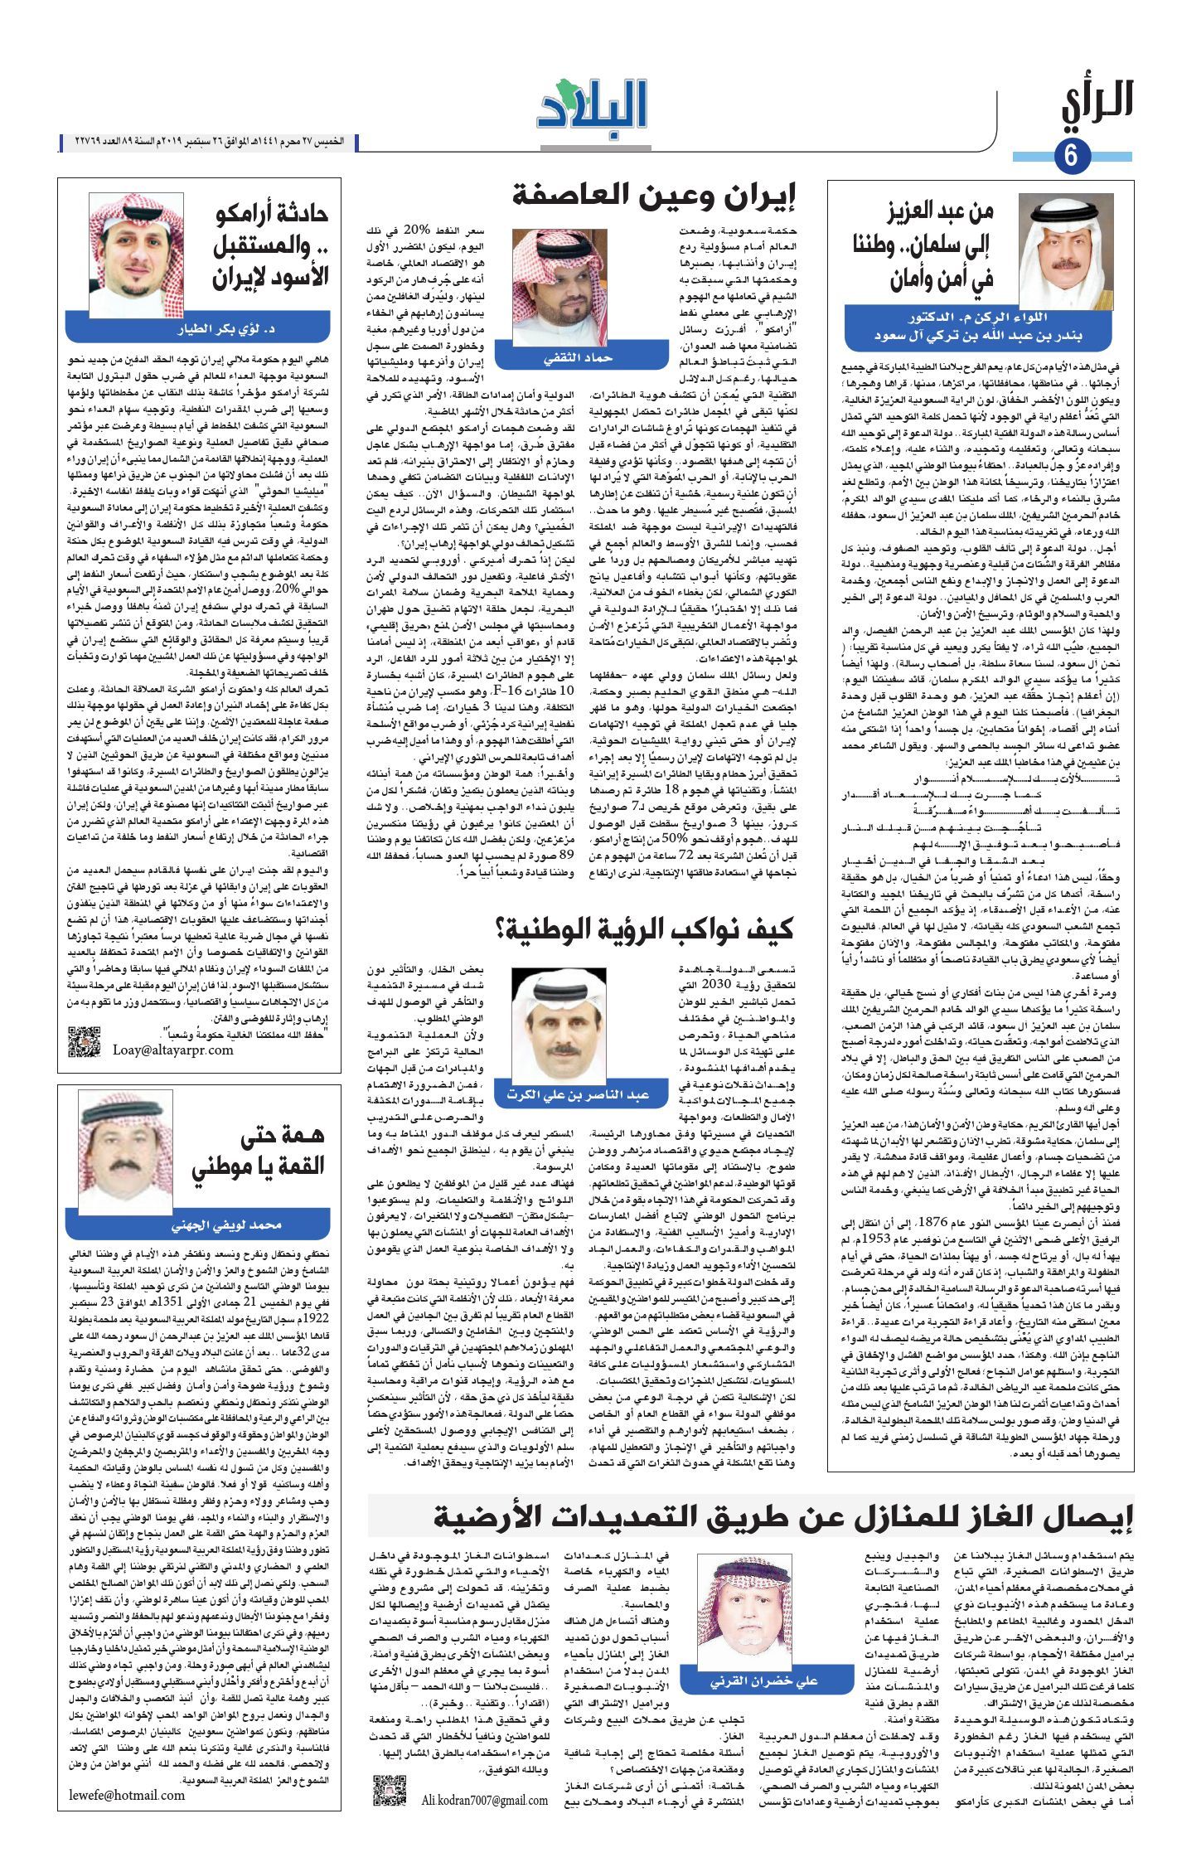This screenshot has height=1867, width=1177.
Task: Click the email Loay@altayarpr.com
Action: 173,1050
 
